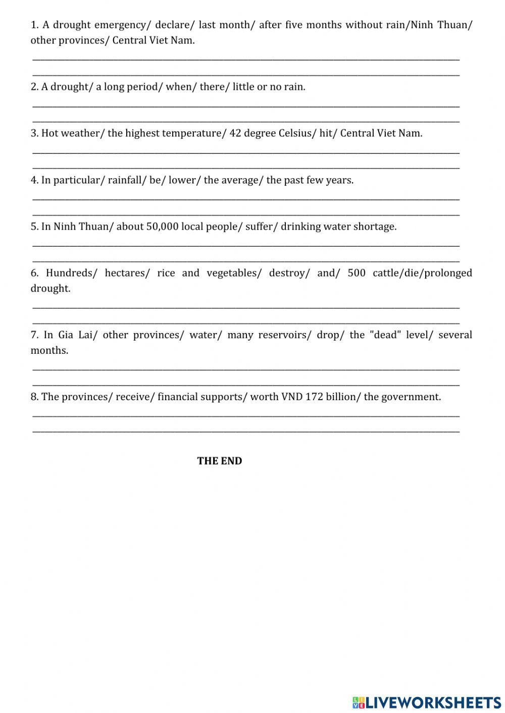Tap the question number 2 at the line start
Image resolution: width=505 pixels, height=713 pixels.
pyautogui.click(x=34, y=87)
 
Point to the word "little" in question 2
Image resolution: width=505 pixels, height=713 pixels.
pyautogui.click(x=243, y=87)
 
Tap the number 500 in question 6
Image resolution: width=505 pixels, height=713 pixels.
pyautogui.click(x=357, y=273)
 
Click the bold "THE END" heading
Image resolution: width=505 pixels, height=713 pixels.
pyautogui.click(x=220, y=461)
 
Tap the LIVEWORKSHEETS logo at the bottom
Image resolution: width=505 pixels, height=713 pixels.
pyautogui.click(x=427, y=702)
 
